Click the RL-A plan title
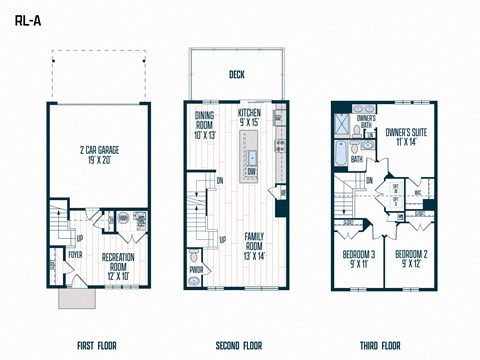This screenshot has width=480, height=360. [29, 14]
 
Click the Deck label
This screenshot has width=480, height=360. [236, 74]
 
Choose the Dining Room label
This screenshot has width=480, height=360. [204, 125]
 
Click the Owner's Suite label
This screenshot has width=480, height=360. [406, 136]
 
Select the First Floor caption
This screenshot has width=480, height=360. [97, 345]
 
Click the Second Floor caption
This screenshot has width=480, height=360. [236, 345]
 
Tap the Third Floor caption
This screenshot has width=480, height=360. [382, 345]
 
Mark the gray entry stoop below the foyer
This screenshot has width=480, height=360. [75, 299]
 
